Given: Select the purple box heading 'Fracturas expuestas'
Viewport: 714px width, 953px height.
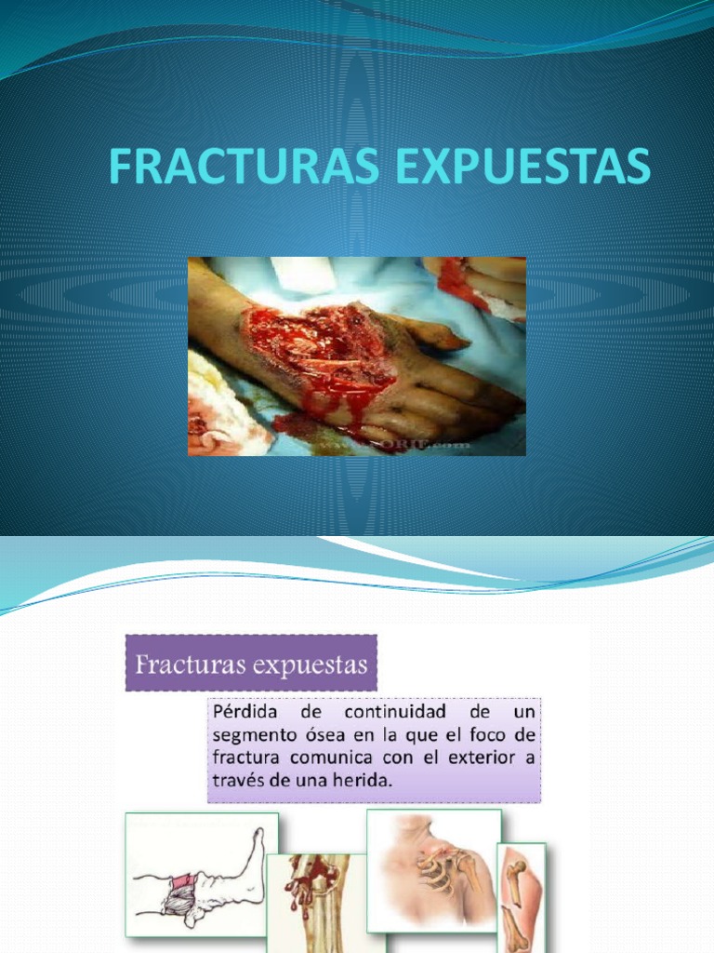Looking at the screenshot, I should [x=251, y=664].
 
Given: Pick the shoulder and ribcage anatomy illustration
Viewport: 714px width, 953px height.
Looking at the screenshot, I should [x=433, y=869].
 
